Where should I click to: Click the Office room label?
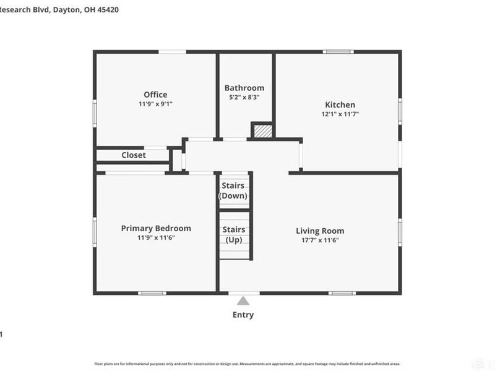click(x=155, y=95)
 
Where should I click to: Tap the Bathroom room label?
click(x=244, y=88)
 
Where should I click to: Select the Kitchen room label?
click(x=340, y=104)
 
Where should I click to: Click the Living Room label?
click(x=320, y=231)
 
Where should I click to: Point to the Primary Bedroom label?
click(x=156, y=228)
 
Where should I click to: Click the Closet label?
click(x=134, y=155)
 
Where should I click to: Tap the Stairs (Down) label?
click(x=233, y=190)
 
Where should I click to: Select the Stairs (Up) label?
click(x=233, y=234)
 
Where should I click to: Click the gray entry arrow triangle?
click(x=243, y=301)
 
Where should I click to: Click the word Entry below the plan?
click(x=243, y=315)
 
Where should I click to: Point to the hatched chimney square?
click(x=262, y=130)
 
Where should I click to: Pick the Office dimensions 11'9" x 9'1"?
click(x=155, y=104)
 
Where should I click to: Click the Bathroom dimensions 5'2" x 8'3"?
click(x=244, y=97)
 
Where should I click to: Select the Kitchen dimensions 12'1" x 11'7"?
click(x=340, y=114)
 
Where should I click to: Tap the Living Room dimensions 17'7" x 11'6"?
click(x=320, y=240)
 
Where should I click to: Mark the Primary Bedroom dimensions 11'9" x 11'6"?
click(x=156, y=237)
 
